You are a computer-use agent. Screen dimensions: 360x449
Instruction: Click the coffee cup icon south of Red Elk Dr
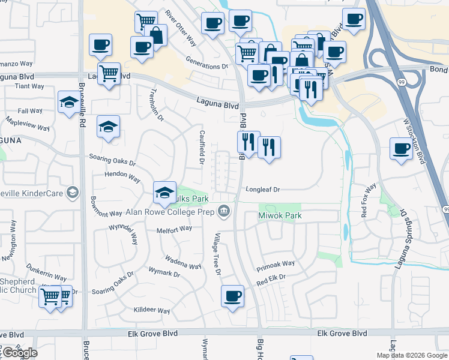(x=232, y=296)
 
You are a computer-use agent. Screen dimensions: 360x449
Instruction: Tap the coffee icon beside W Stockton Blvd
(x=400, y=148)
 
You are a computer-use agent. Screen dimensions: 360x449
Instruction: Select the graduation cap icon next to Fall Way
(x=69, y=102)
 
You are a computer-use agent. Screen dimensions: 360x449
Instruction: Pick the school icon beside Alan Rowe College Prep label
(x=164, y=192)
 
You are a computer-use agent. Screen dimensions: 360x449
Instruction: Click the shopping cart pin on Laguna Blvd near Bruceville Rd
(x=109, y=74)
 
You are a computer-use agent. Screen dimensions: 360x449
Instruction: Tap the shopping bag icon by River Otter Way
(x=156, y=35)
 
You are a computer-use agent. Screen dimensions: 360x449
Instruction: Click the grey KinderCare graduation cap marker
(x=73, y=192)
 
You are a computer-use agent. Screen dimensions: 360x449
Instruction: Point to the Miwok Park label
(x=279, y=215)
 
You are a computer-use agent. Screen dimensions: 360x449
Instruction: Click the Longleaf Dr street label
(x=263, y=190)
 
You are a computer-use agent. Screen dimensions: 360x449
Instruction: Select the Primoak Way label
(x=276, y=264)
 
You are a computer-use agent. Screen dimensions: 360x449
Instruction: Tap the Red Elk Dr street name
(x=270, y=278)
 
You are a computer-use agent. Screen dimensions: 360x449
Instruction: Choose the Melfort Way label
(x=174, y=229)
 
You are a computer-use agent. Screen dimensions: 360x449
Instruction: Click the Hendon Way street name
(x=122, y=179)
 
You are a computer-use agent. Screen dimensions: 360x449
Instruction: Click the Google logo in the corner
(x=20, y=353)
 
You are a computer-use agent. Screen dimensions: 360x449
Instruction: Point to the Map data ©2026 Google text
(x=411, y=355)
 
